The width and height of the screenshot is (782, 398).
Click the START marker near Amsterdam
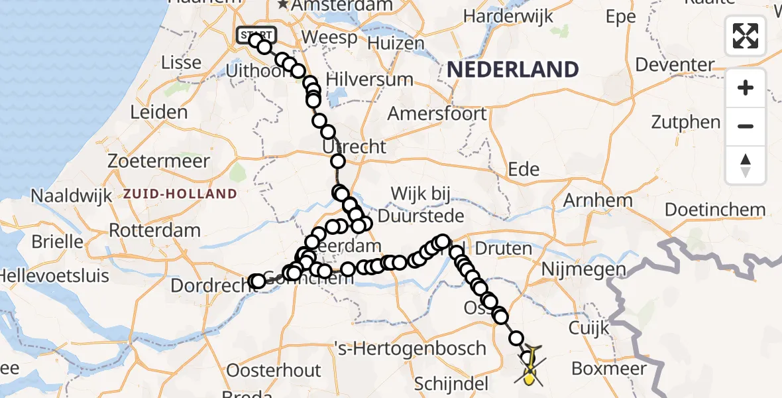255,34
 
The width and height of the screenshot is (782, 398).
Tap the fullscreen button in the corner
746,36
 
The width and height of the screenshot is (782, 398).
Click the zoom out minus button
746,126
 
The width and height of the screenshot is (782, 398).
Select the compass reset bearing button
746,165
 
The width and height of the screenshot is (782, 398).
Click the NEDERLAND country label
513,70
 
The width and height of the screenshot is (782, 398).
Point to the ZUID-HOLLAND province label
180,194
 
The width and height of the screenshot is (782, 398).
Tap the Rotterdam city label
154,231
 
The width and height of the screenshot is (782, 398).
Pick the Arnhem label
597,200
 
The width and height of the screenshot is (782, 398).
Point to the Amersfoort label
437,113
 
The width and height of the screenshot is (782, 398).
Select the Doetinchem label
715,210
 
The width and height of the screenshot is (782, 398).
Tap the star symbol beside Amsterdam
284,5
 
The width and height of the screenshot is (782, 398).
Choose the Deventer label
675,65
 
